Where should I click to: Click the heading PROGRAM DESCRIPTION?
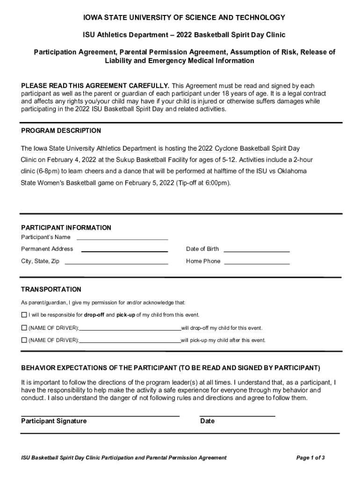pos(61,131)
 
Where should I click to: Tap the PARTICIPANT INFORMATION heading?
pos(66,228)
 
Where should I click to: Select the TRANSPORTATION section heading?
pos(51,290)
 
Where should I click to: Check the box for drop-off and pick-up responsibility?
pos(24,315)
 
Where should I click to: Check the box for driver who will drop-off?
pos(24,328)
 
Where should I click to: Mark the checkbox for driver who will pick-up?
pos(24,340)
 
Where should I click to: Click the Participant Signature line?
pos(100,414)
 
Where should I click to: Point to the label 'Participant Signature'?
pos(54,421)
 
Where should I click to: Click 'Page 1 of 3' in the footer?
pos(310,457)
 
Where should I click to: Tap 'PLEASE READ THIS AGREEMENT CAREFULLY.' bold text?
pos(95,86)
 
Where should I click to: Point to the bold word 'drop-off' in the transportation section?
pos(94,315)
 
